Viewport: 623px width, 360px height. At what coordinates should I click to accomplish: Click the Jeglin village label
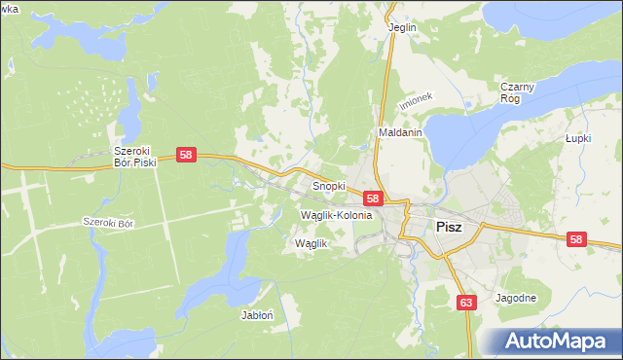coord(402,27)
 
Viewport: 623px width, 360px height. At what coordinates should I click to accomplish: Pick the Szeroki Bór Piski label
coord(135,157)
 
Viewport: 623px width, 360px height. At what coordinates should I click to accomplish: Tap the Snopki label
coord(328,185)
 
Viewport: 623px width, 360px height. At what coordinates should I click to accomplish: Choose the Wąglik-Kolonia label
coord(337,215)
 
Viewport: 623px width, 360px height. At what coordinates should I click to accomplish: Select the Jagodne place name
coord(516,298)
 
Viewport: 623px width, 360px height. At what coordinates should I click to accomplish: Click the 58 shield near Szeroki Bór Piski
coord(188,155)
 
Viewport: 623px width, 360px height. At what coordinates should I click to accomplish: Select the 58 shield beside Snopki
coord(373,198)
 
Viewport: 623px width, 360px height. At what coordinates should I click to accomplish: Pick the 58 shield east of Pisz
coord(577,238)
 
